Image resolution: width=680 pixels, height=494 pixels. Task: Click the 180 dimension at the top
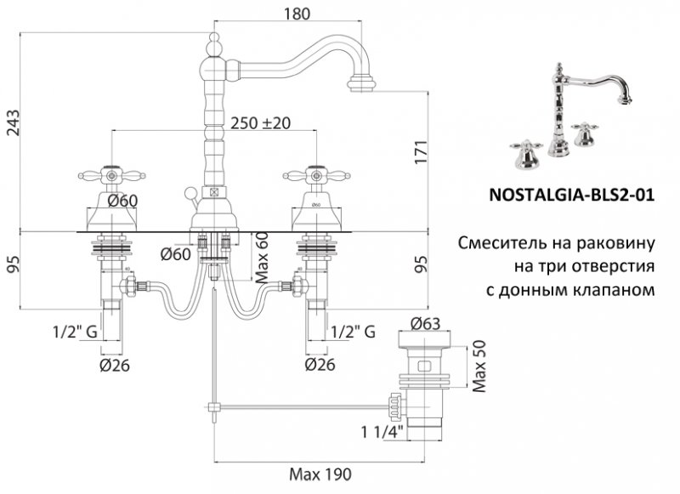pos(295,14)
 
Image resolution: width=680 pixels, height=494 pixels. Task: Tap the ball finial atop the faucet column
pos(212,40)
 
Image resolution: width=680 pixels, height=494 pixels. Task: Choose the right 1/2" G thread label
pos(353,332)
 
